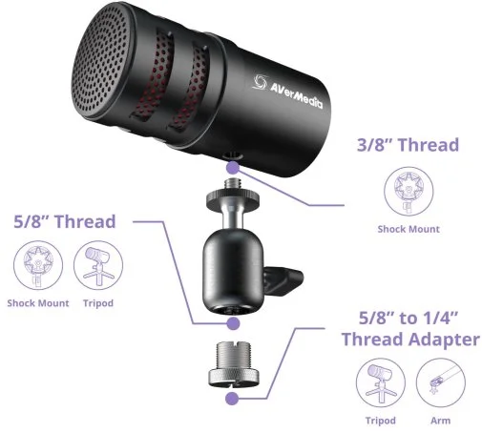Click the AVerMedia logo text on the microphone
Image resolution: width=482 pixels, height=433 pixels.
coord(296,96)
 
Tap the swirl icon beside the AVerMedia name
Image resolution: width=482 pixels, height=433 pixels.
coord(260,82)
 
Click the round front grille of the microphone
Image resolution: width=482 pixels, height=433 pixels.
coord(101,59)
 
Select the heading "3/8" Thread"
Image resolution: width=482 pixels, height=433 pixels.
coord(408,145)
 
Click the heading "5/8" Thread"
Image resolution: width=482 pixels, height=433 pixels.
coord(65,221)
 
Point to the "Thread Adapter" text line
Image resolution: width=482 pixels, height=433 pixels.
coord(410,339)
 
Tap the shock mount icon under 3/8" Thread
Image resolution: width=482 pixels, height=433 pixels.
coord(409,192)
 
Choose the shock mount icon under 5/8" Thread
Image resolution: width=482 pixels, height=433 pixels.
coord(38,265)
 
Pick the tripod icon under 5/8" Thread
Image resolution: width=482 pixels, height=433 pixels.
coord(98,265)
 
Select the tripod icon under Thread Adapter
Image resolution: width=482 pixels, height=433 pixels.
coord(381,382)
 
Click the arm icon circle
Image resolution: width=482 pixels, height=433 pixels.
coord(441,382)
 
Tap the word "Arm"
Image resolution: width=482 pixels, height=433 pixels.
coord(441,421)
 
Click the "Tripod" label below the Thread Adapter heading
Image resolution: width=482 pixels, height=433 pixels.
coord(381,421)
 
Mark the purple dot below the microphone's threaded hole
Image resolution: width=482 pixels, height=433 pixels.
coord(233,167)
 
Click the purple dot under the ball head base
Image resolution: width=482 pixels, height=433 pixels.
coord(233,323)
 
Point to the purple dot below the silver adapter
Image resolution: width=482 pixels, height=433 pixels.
coord(232,399)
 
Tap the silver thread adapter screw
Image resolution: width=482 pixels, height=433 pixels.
coord(234,364)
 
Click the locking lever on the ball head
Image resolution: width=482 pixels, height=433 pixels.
coord(283,279)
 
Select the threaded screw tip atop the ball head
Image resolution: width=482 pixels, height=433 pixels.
coord(233,184)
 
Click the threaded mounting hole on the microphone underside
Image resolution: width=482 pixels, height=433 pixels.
coord(234,155)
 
